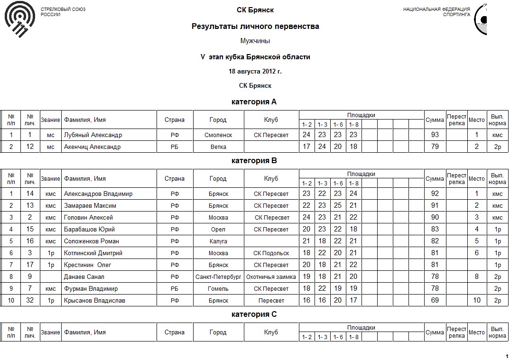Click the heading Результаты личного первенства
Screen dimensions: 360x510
(x=255, y=27)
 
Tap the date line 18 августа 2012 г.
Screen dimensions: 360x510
(x=255, y=72)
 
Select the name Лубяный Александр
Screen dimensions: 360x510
(x=93, y=135)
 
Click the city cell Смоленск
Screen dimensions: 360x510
(x=218, y=135)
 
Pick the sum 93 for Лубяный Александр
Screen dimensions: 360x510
(x=435, y=135)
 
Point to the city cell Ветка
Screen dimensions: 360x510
(x=218, y=147)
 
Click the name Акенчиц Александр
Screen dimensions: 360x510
(x=93, y=147)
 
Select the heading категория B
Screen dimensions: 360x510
(x=254, y=161)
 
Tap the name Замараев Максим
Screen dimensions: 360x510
(x=90, y=205)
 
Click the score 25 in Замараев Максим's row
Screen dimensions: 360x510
(x=338, y=205)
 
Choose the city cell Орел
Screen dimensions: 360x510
(x=218, y=229)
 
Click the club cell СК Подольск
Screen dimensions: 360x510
(x=271, y=253)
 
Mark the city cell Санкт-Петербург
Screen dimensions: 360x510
(x=218, y=277)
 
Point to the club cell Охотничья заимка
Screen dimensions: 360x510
(x=271, y=277)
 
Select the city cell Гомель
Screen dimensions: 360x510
(x=218, y=288)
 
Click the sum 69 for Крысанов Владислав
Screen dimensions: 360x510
(x=435, y=300)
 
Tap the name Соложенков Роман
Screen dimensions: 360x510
(x=92, y=241)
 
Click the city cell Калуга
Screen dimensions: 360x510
(x=218, y=241)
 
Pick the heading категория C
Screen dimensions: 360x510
(x=254, y=314)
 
